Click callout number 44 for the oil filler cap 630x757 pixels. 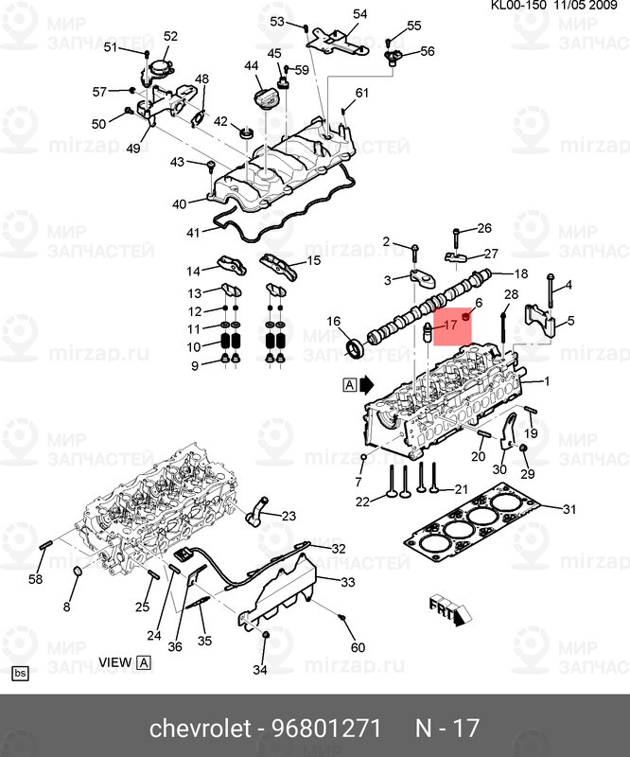point(252,65)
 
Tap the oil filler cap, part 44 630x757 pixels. point(264,98)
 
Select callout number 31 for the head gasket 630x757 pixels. point(569,509)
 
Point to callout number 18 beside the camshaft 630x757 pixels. point(521,274)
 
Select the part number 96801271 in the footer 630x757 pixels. point(327,728)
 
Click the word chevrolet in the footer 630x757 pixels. point(201,728)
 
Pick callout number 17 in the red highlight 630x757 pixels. point(450,325)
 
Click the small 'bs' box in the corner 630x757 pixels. point(20,674)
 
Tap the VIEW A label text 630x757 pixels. point(125,662)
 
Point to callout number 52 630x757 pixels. point(170,36)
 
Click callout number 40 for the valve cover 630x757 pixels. point(179,204)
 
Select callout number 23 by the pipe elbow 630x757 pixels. point(289,516)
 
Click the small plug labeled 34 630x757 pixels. point(265,637)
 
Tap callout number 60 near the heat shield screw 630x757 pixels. point(358,647)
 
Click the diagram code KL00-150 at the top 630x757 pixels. point(518,6)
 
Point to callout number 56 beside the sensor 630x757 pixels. point(428,51)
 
